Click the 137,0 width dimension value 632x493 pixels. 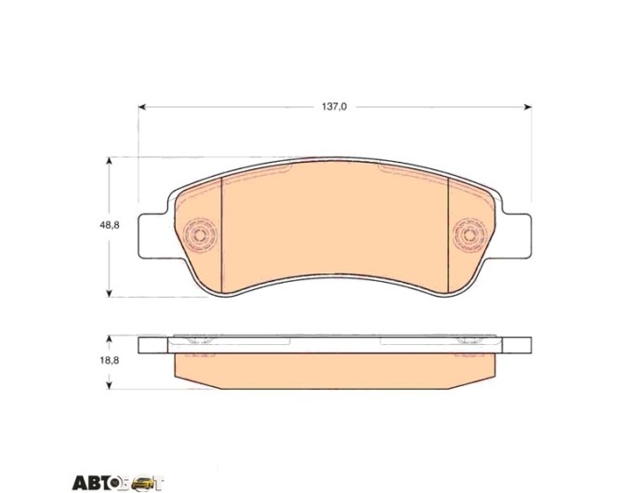(x=334, y=107)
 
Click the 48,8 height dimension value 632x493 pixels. (x=110, y=225)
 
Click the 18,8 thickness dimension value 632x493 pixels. (x=110, y=361)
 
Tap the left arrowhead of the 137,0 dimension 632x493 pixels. (x=142, y=107)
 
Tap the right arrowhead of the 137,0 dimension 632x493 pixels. (x=528, y=107)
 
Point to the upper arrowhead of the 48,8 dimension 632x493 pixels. (x=109, y=162)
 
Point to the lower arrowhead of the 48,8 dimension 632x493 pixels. (x=109, y=293)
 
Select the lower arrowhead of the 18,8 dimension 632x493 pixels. (x=109, y=385)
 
